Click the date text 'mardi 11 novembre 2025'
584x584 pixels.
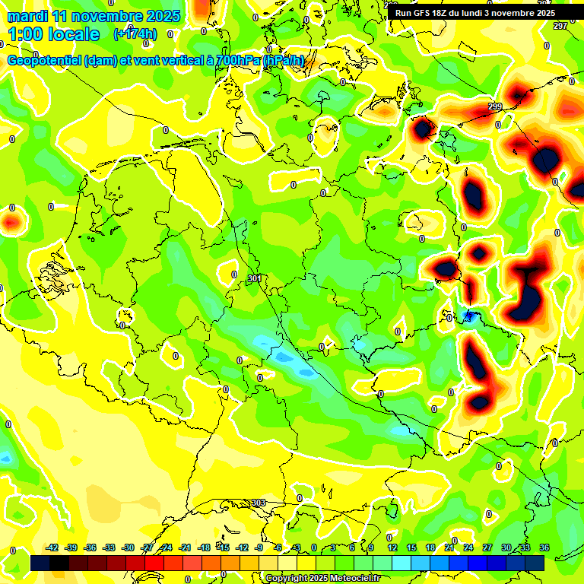94,16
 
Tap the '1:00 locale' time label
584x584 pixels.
54,34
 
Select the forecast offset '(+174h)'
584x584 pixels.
135,34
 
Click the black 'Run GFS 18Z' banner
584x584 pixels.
475,13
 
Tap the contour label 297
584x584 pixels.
560,27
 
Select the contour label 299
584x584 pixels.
495,106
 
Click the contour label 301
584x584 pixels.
255,279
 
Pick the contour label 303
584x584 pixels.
259,503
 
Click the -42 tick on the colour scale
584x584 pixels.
52,547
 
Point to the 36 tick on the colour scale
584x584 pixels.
544,547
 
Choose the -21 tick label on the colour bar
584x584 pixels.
185,547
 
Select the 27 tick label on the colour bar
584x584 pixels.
487,547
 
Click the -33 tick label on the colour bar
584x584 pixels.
109,547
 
